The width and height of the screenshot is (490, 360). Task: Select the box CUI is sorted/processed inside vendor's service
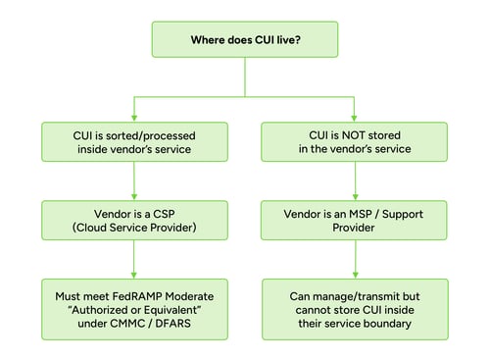tap(134, 141)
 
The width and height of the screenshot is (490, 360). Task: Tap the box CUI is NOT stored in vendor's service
tap(356, 141)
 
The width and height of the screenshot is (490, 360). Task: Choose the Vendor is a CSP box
tap(134, 221)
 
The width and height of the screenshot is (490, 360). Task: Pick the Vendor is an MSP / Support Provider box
tap(356, 221)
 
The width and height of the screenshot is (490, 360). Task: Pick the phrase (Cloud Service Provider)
tap(134, 229)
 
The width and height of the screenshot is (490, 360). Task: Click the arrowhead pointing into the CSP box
tap(134, 196)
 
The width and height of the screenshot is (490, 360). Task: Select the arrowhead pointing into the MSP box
tap(356, 196)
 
